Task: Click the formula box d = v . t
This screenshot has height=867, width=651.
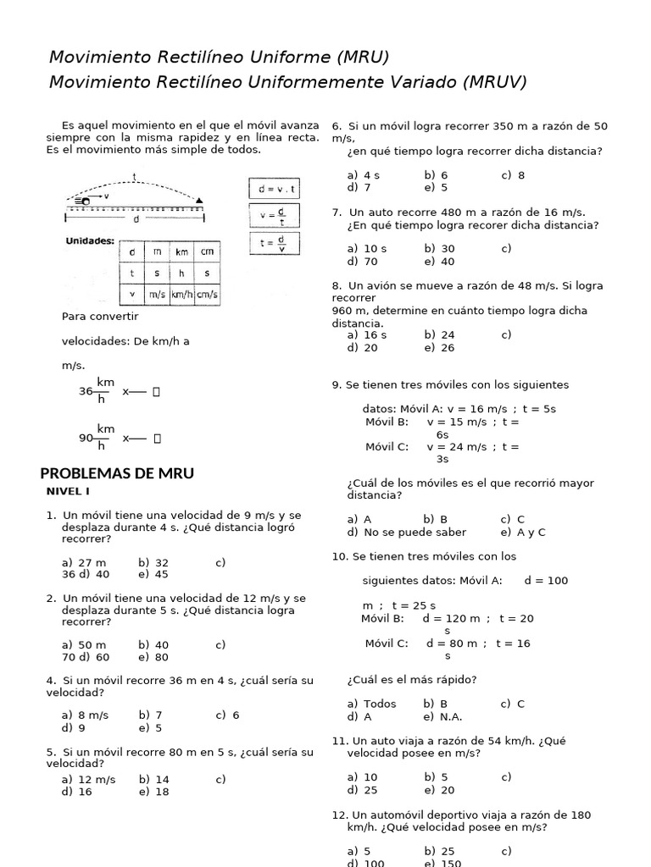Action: tap(273, 189)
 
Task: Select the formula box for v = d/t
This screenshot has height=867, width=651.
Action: tap(273, 216)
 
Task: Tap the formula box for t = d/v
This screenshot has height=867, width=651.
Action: tap(273, 244)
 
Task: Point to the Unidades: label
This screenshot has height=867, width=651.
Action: tap(90, 241)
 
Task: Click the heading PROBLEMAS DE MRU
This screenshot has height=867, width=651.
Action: tap(117, 473)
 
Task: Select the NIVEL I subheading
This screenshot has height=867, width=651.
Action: tap(67, 492)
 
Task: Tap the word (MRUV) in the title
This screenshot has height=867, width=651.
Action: tap(494, 81)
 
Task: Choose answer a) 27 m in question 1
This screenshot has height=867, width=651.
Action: tap(84, 562)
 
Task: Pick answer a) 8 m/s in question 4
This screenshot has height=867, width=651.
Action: tap(85, 715)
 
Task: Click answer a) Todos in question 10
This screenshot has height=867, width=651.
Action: tap(372, 704)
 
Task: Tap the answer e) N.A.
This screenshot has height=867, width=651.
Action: tap(444, 715)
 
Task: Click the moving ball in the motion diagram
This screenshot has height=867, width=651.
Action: tap(85, 201)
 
